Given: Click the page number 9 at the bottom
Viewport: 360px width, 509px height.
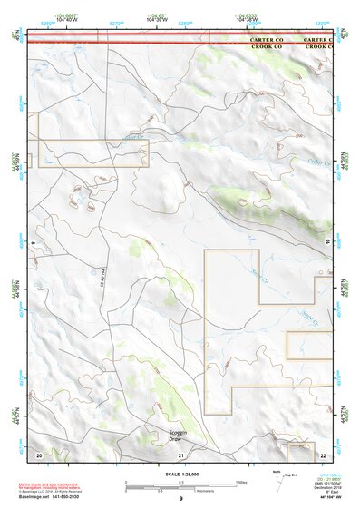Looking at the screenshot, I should (x=180, y=500).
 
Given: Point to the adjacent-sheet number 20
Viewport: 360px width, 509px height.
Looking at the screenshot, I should (x=38, y=453).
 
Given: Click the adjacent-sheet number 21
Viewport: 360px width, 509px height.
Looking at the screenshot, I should (x=180, y=454).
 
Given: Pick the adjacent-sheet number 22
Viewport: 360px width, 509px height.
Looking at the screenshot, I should (x=323, y=454).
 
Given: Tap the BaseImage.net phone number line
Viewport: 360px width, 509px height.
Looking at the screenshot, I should (x=51, y=497).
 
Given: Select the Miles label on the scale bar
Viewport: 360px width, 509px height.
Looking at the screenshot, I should (x=241, y=481).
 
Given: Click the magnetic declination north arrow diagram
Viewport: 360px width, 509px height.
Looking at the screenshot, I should (x=281, y=478).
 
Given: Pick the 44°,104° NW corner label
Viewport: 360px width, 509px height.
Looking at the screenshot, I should (x=333, y=499).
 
